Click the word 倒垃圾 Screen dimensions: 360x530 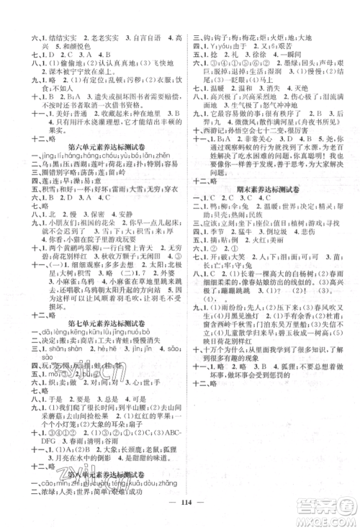click(267, 264)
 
